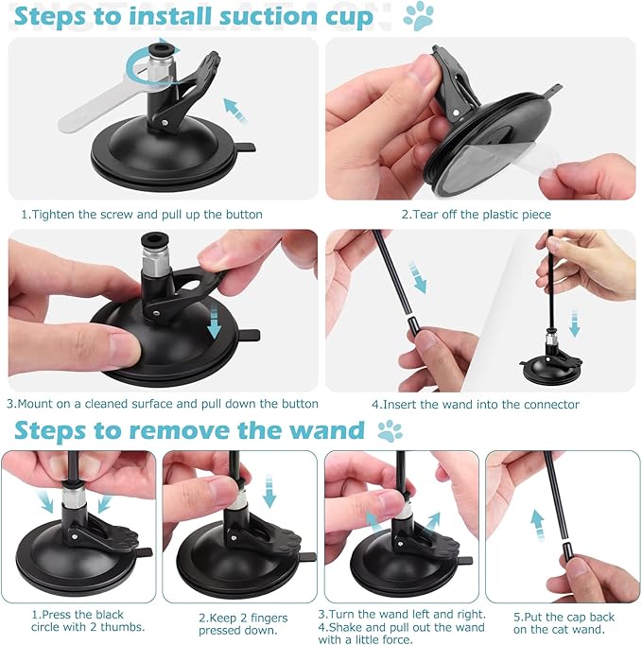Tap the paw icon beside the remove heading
[390, 431]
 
